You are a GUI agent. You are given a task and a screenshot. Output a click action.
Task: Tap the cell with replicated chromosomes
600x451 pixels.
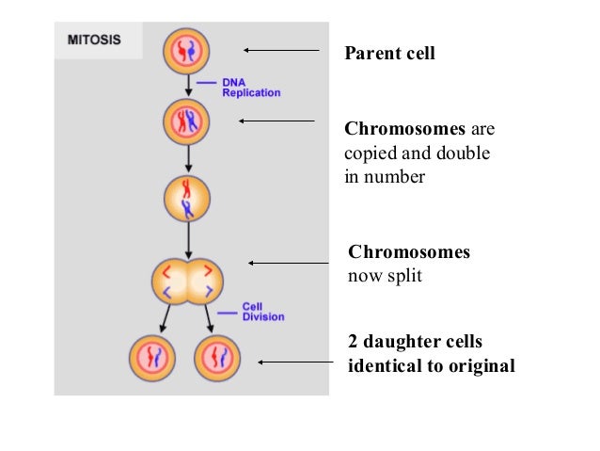click(x=186, y=121)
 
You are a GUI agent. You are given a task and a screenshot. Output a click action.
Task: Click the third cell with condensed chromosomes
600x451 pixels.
click(x=186, y=198)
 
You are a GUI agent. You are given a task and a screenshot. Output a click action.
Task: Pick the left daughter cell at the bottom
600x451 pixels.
click(x=151, y=359)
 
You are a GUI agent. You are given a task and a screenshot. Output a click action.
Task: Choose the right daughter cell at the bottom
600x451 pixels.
click(x=219, y=359)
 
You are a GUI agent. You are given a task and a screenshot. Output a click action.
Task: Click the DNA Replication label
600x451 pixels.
click(x=250, y=88)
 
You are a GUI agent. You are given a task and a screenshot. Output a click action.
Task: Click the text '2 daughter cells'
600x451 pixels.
click(x=415, y=342)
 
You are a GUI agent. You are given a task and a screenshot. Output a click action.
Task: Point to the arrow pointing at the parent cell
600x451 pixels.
click(x=281, y=50)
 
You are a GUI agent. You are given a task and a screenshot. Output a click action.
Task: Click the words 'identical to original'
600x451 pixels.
click(x=432, y=365)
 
